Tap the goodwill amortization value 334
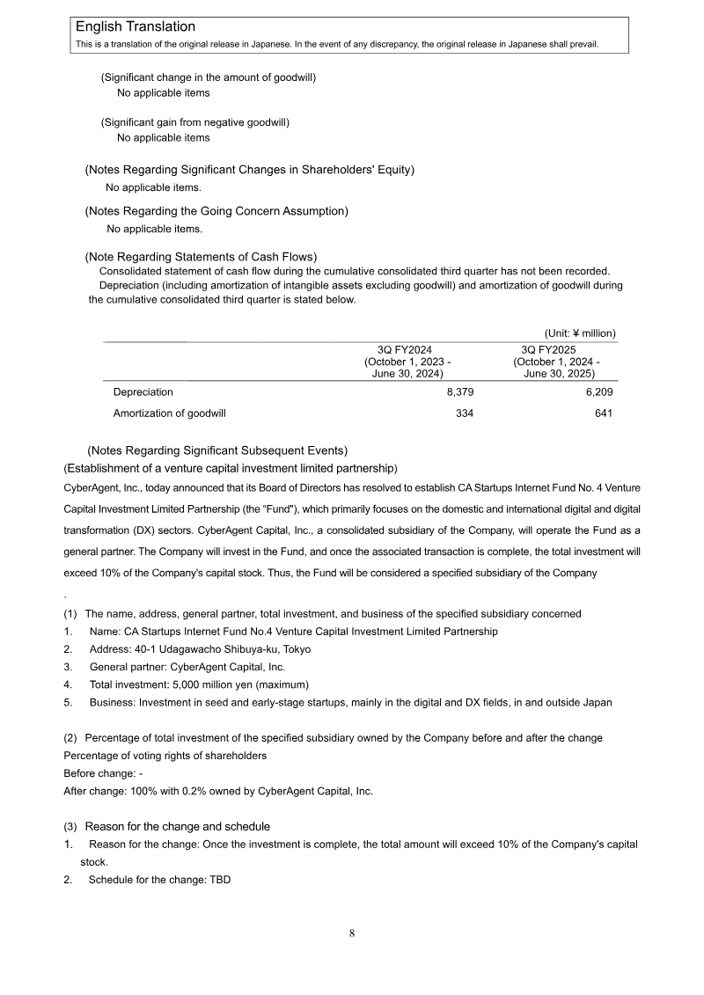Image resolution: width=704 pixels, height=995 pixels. (464, 413)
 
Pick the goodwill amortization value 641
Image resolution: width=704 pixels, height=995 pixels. (604, 413)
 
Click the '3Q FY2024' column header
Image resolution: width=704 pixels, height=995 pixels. (404, 349)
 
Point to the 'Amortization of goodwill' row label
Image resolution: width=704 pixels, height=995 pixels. (170, 413)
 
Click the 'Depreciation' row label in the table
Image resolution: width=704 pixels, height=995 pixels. (143, 391)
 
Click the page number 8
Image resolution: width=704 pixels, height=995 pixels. (351, 933)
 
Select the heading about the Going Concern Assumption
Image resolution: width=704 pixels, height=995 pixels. (216, 211)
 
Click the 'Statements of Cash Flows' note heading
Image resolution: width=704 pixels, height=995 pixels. (201, 257)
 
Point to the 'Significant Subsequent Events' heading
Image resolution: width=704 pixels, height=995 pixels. (217, 451)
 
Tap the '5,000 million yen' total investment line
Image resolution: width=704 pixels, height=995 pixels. (199, 684)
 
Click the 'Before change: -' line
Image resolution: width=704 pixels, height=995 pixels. (103, 773)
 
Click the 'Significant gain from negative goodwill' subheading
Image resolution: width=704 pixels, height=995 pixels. (194, 122)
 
